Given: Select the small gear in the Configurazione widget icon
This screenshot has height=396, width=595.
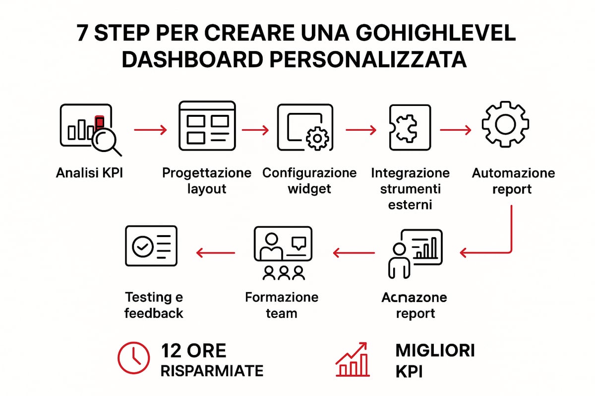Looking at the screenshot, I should coord(315,138).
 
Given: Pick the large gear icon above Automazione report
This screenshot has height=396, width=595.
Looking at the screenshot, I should coord(505,124).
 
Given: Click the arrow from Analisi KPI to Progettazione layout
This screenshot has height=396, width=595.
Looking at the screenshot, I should coord(151,130).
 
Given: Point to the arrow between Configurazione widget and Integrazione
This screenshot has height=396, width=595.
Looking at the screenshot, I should coord(360,130).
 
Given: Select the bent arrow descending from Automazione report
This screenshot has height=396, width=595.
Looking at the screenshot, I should coord(501,243).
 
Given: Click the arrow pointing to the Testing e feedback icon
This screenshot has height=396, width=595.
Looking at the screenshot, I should coord(216,253).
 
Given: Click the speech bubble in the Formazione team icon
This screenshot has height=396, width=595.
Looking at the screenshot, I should coord(299,243).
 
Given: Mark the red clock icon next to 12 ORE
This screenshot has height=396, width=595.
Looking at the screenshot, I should coord(133,357).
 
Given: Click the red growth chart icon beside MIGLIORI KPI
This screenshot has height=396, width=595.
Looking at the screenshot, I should coord(352,359).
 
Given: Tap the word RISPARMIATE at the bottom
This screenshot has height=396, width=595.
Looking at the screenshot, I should coord(212,371).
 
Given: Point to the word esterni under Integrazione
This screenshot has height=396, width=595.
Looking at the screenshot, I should coord(410,204).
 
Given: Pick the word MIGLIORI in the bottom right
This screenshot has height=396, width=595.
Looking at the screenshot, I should coord(435,350).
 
